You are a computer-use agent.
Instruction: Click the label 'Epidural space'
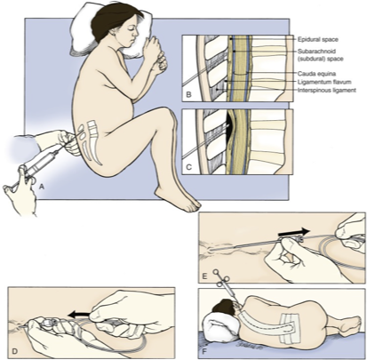coord(318,39)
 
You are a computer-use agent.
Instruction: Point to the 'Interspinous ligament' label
coord(327,90)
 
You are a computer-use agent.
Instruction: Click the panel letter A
coord(42,187)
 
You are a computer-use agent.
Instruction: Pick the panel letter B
coord(188,95)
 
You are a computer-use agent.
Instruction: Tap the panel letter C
coord(188,167)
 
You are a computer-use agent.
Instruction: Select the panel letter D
coord(14,352)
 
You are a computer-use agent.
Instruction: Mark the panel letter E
coord(205,276)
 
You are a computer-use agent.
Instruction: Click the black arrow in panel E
coord(294,232)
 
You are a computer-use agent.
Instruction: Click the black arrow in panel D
coord(78,313)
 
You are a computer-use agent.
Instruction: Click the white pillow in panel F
coord(220,327)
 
